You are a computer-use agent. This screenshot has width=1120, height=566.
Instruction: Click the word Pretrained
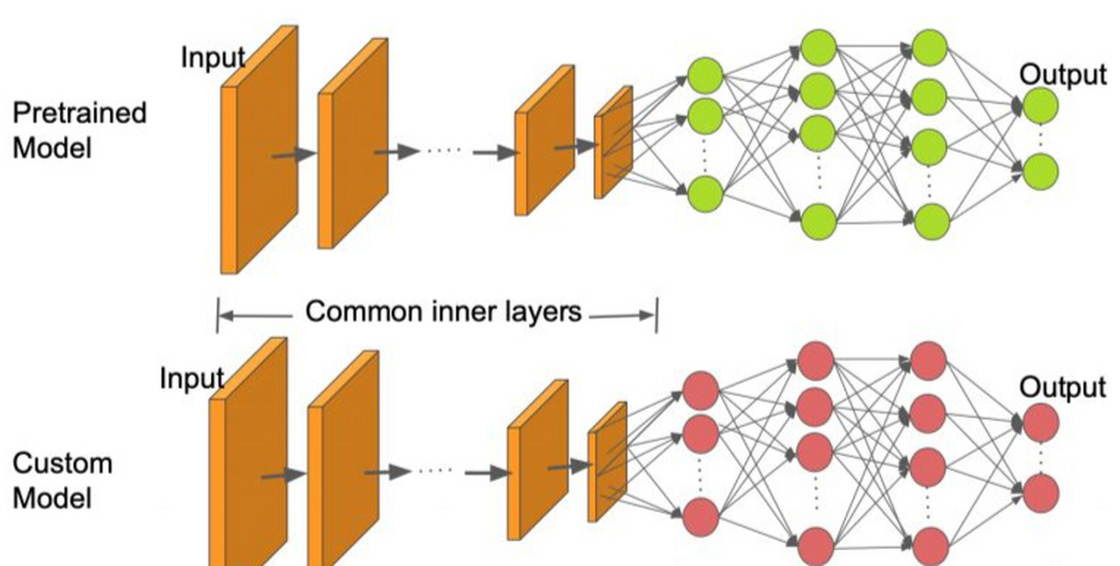[80, 113]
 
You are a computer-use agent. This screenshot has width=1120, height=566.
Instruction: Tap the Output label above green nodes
[1063, 75]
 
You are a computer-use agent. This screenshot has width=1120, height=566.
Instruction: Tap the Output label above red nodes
[1063, 388]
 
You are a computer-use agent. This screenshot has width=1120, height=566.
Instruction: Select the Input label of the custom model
[192, 379]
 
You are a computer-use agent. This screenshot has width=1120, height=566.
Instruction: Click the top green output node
[1040, 106]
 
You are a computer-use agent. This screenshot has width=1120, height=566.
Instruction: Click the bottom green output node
[1040, 172]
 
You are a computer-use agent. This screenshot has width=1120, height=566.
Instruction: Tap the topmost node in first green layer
[705, 76]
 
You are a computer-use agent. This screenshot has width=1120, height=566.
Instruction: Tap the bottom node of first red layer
[700, 516]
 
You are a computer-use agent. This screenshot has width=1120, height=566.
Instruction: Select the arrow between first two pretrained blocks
[294, 154]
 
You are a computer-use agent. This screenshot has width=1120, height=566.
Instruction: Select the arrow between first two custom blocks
[283, 475]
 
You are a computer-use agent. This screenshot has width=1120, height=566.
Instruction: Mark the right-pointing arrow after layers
[621, 316]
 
